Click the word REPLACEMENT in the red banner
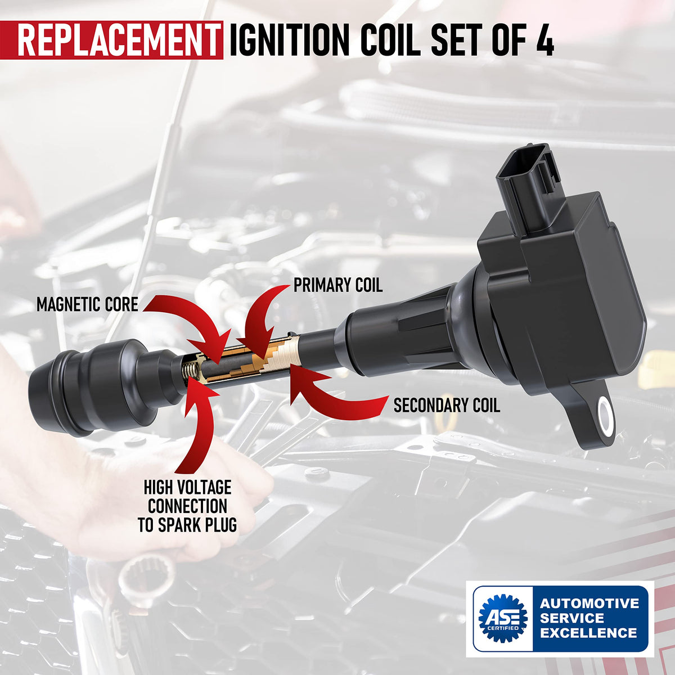[x=118, y=40]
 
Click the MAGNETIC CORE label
[x=87, y=304]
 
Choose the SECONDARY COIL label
[x=447, y=405]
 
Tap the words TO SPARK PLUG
[x=187, y=525]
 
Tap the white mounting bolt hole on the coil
[x=605, y=416]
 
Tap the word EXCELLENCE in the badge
[x=588, y=633]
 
